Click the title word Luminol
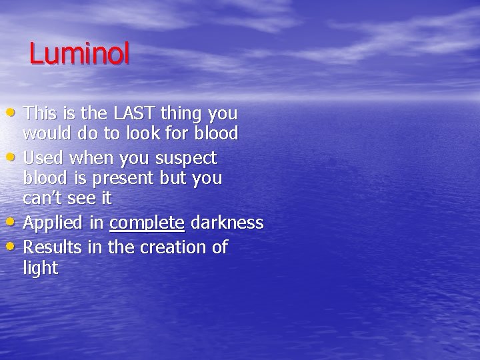pos(79,54)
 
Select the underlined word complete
pos(147,223)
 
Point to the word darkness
pos(227,223)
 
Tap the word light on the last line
pos(41,269)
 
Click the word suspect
pos(186,158)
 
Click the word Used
pos(41,158)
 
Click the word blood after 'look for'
pos(215,133)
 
